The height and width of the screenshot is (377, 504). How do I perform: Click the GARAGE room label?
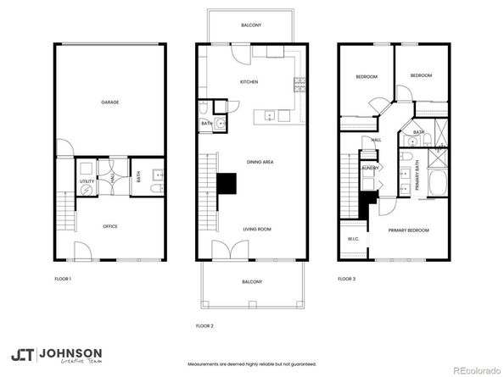pyautogui.click(x=109, y=102)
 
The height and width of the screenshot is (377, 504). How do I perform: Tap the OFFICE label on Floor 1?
pyautogui.click(x=109, y=226)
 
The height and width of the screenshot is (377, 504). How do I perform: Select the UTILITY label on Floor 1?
pyautogui.click(x=87, y=181)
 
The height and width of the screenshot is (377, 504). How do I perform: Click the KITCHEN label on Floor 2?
pyautogui.click(x=249, y=82)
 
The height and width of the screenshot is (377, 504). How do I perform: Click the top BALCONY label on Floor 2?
pyautogui.click(x=251, y=25)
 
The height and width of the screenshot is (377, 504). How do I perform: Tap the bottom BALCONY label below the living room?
pyautogui.click(x=251, y=281)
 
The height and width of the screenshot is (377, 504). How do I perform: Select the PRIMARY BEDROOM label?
pyautogui.click(x=408, y=230)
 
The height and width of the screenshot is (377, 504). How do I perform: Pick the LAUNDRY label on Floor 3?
pyautogui.click(x=369, y=168)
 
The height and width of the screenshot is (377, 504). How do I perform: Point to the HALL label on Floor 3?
pyautogui.click(x=376, y=140)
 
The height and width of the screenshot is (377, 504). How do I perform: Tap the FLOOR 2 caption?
pyautogui.click(x=204, y=325)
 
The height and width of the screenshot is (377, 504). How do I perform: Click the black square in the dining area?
pyautogui.click(x=227, y=185)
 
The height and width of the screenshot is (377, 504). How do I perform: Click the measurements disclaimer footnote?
pyautogui.click(x=252, y=364)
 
